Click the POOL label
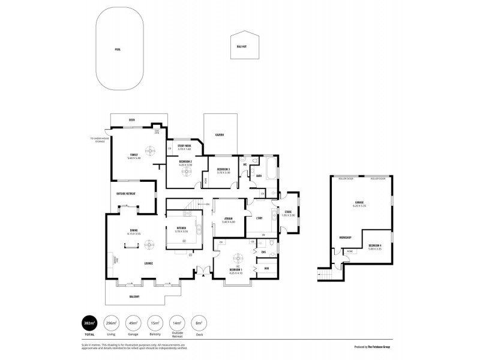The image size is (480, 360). [118, 49]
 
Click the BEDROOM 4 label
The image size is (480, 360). [375, 245]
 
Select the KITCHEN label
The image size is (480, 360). [181, 227]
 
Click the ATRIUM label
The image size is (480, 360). [228, 218]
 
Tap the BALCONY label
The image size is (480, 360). [134, 296]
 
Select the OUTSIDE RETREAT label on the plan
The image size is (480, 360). [125, 194]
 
